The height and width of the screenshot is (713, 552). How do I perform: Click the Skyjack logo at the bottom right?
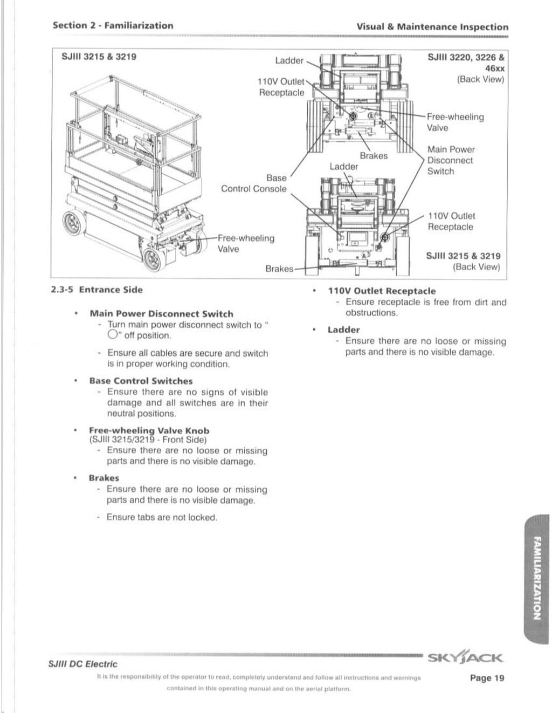tap(465, 657)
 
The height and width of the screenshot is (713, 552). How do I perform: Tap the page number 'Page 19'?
tap(487, 678)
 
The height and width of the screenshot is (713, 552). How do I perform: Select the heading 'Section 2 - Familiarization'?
tap(113, 25)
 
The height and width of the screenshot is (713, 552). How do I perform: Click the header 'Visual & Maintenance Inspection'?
tap(432, 26)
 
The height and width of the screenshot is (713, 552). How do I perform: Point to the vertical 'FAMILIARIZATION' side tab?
tap(536, 577)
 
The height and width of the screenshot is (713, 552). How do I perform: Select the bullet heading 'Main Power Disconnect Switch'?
tap(161, 314)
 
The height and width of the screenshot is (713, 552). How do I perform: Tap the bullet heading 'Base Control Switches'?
tap(141, 381)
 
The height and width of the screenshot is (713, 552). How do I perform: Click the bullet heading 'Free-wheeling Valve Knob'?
tap(149, 430)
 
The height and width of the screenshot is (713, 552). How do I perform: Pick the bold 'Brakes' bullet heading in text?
tap(104, 478)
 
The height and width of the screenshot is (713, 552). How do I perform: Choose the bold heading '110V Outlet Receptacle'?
tap(382, 291)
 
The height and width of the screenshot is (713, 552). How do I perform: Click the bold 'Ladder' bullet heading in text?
tap(343, 330)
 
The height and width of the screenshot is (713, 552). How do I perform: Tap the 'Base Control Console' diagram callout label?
tap(254, 183)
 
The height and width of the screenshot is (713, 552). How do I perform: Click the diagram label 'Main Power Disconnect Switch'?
tap(451, 160)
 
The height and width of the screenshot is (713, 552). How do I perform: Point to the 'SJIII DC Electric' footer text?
tap(83, 664)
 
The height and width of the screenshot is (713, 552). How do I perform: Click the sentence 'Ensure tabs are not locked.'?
tap(162, 517)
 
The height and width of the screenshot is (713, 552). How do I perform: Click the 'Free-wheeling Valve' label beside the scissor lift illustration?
tap(245, 243)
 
